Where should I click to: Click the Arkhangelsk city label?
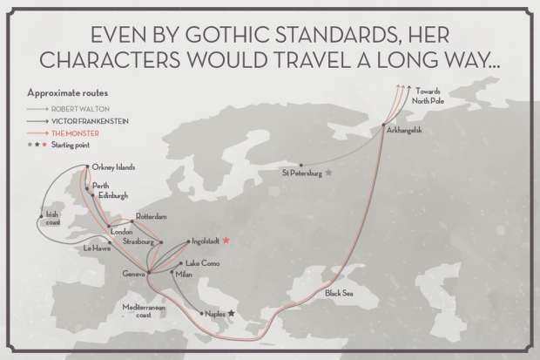(x=404, y=130)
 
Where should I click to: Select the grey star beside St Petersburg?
(x=328, y=173)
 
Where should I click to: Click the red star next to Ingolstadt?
(x=226, y=240)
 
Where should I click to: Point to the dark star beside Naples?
(x=231, y=312)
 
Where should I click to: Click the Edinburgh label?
(x=111, y=195)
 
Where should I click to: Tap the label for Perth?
(x=101, y=186)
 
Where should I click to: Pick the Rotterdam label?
(x=151, y=216)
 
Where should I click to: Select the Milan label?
(x=183, y=275)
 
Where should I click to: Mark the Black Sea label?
(x=340, y=294)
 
